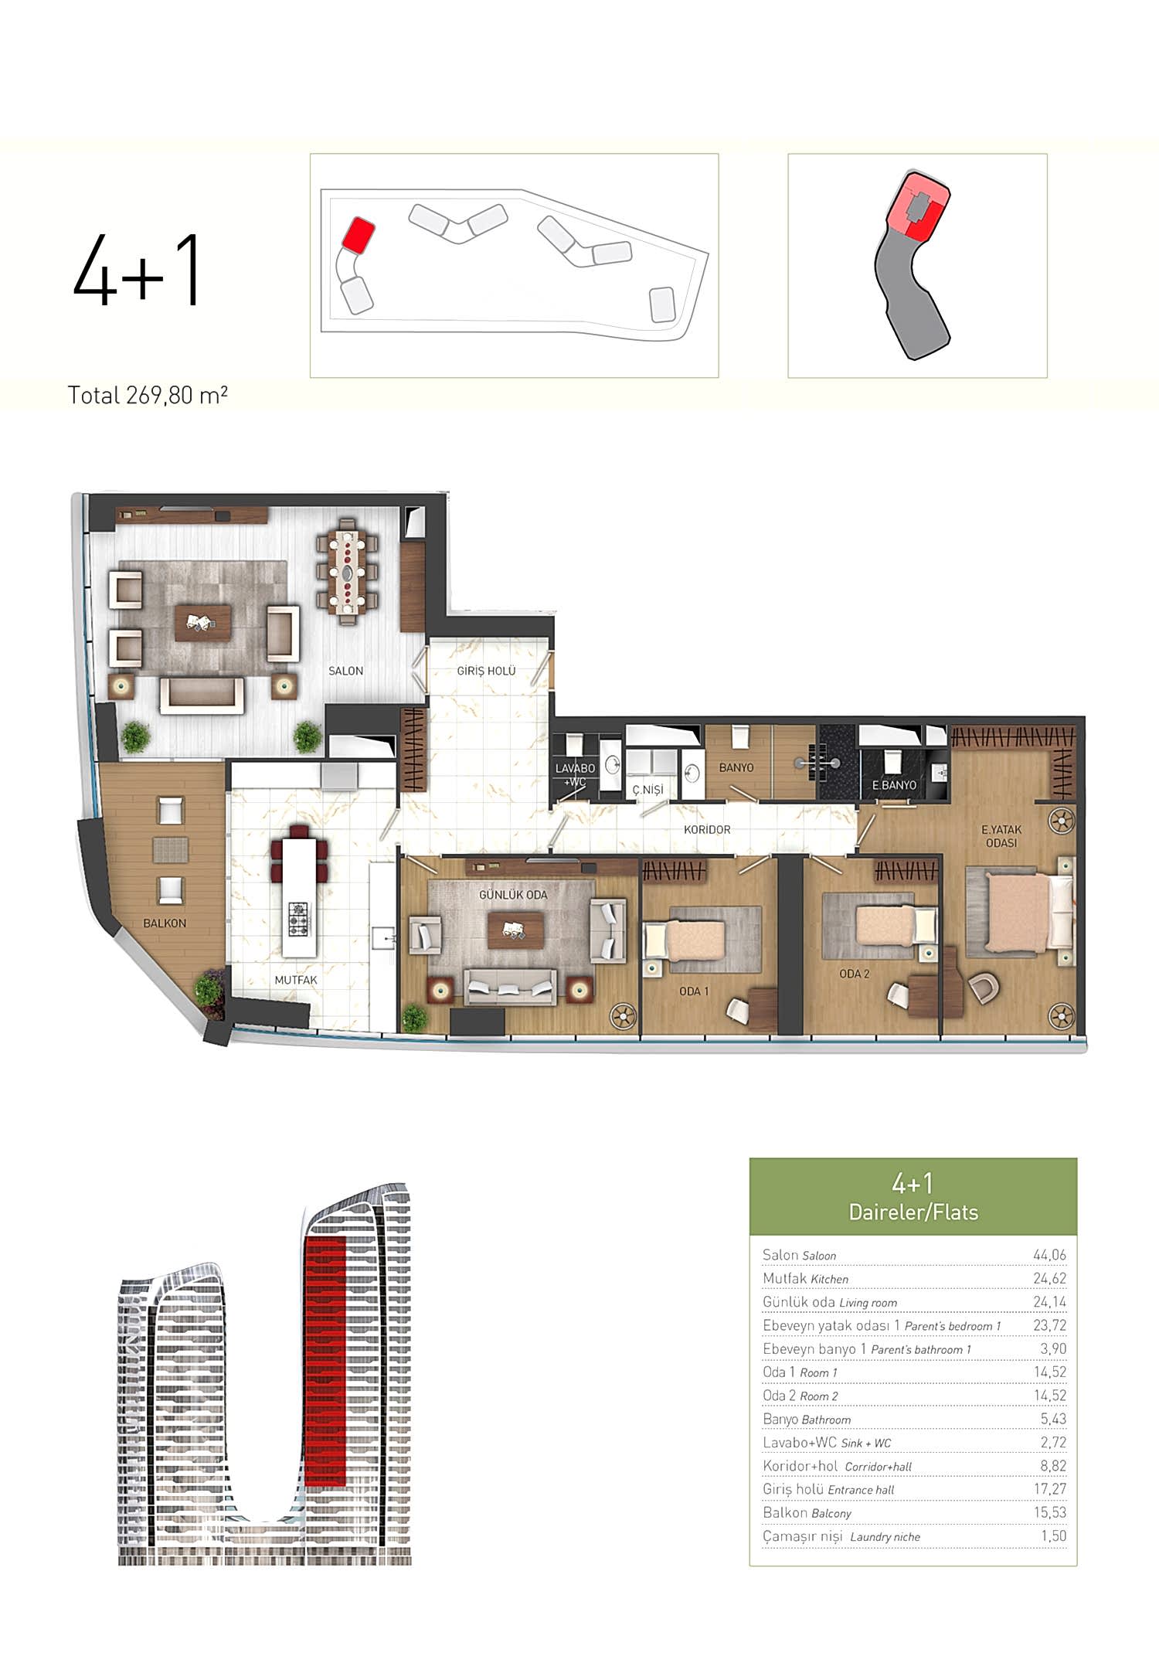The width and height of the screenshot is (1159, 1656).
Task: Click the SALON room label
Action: pos(345,671)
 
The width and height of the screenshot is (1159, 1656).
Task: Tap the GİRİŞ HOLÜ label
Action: pos(486,671)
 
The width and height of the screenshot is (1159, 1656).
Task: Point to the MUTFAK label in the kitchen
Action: pos(296,980)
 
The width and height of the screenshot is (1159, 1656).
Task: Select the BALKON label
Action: pos(165,923)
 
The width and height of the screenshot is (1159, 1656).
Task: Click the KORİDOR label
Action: pos(707,829)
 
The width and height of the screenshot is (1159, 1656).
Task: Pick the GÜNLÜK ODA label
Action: pos(513,895)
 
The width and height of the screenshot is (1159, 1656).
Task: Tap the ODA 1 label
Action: pos(694,991)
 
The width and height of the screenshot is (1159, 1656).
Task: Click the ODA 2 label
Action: pos(855,974)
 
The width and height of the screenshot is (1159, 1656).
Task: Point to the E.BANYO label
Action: pos(894,785)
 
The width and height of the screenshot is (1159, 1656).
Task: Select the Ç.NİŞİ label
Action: pos(647,790)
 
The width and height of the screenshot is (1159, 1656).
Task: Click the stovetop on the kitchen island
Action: pos(298,919)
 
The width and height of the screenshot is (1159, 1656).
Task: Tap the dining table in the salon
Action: pos(347,572)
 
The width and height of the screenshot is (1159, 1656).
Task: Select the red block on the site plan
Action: pos(359,234)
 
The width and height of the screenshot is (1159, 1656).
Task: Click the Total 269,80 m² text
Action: pos(148,396)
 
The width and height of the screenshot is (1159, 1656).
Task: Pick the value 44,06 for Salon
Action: pos(1049,1255)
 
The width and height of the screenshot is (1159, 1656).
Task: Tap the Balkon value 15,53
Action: pos(1050,1512)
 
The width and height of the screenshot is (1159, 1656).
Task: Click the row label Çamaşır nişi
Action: pos(802,1536)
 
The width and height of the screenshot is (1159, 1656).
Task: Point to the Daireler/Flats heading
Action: pos(913,1212)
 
